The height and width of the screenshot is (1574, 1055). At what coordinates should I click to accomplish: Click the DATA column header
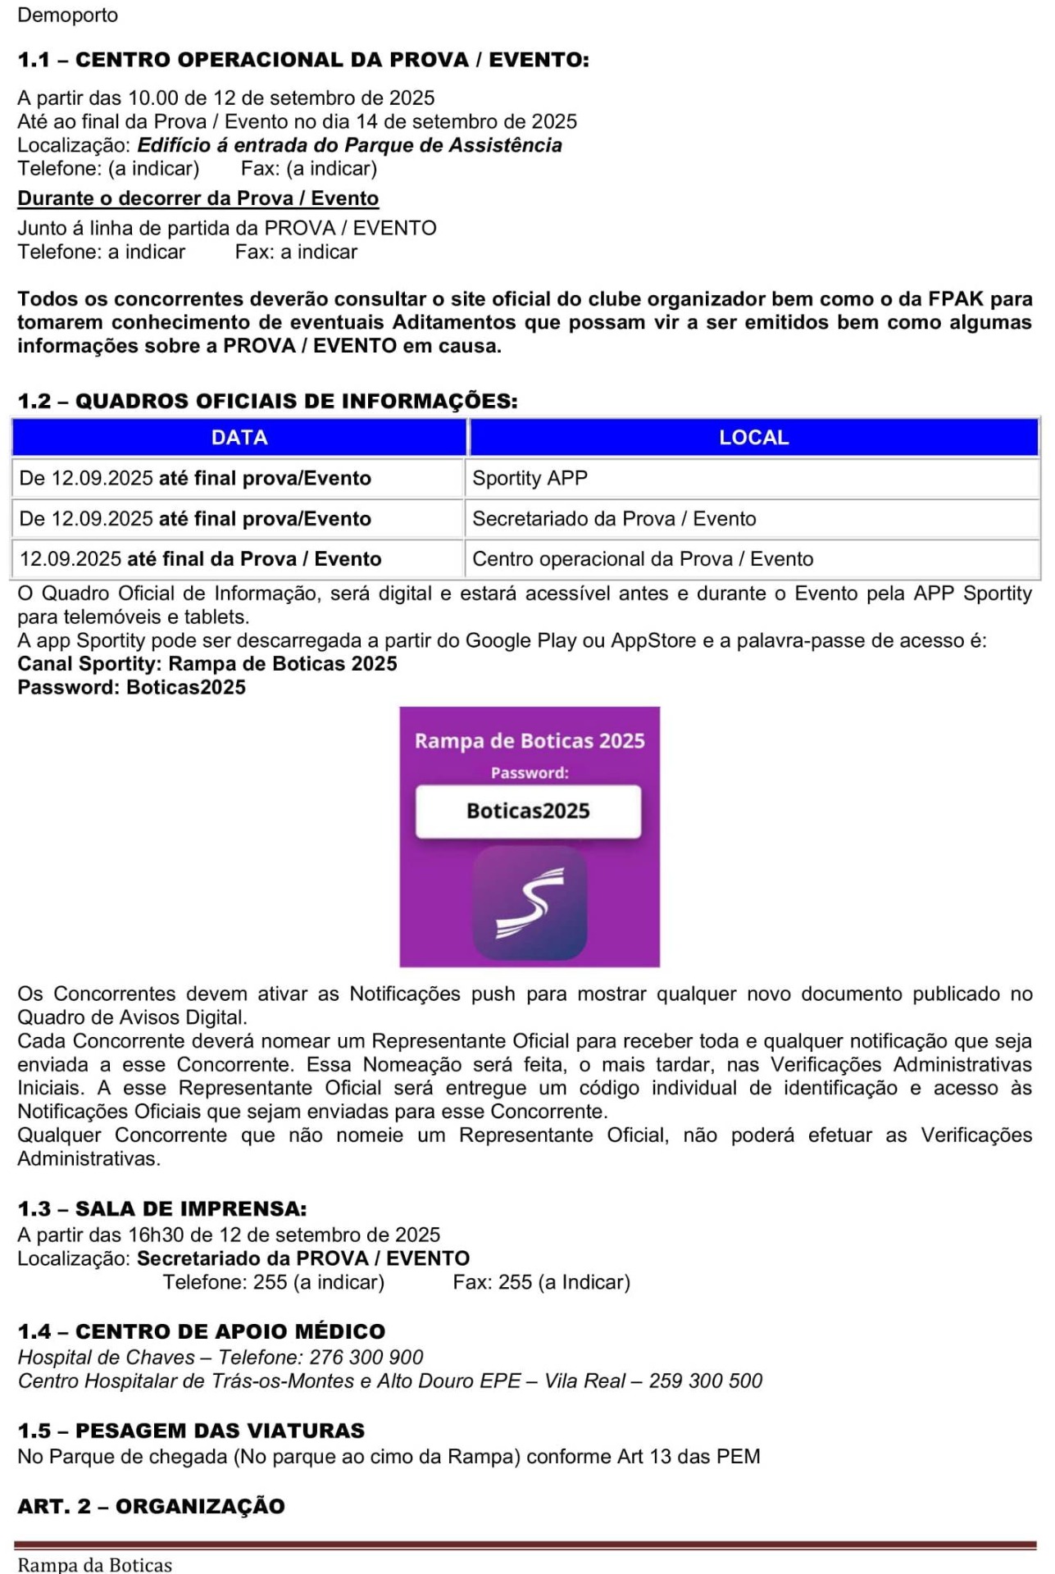[x=239, y=437]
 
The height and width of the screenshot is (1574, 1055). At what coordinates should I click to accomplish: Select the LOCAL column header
[x=753, y=437]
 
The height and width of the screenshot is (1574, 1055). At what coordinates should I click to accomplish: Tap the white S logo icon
[x=530, y=903]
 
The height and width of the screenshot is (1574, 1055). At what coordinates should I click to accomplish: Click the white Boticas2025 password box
[x=528, y=811]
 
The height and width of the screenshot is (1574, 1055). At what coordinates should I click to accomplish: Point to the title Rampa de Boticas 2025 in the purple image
[x=530, y=740]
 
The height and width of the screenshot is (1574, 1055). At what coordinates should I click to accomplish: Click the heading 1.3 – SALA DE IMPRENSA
[x=162, y=1208]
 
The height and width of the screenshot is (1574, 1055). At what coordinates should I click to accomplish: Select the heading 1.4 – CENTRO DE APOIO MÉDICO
[x=202, y=1331]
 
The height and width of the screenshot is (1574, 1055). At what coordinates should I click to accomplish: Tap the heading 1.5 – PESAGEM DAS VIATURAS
[x=191, y=1431]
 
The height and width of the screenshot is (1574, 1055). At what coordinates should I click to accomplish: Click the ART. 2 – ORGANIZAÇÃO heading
[x=151, y=1506]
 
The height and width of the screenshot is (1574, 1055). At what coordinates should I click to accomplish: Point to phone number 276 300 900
[x=366, y=1358]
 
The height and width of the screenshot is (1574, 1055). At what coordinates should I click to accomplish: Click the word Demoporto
[x=68, y=15]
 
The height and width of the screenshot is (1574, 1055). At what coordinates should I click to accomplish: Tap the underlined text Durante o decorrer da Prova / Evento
[x=198, y=198]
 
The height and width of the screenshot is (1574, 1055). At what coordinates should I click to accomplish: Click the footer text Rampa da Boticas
[x=95, y=1564]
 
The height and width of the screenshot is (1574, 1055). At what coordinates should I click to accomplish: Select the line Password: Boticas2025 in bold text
[x=131, y=687]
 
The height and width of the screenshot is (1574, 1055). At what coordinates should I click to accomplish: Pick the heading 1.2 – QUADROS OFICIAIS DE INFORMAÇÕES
[x=267, y=401]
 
